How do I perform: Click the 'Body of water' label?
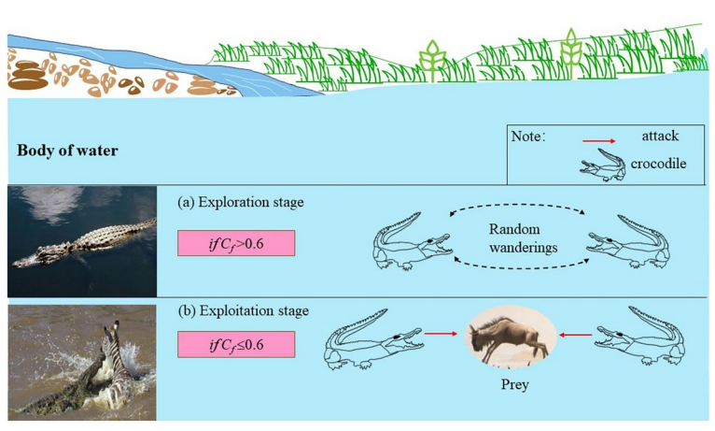coord(67,151)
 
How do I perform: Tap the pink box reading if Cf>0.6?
coord(236,243)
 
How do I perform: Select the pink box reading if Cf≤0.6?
coord(236,344)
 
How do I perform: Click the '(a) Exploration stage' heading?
coord(240,202)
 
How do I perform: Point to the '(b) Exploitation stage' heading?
coord(243,311)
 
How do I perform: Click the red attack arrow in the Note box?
coord(598,141)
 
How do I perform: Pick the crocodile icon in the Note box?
coord(602,165)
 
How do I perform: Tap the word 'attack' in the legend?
coord(660,136)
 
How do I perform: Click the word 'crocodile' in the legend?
coord(658,164)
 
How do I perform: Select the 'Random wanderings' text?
coord(523,237)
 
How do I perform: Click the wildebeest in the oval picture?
coord(509,338)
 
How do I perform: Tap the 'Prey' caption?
coord(515,384)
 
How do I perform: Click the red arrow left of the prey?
coord(441,334)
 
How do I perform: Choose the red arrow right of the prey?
coord(576,335)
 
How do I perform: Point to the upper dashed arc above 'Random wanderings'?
coord(517,205)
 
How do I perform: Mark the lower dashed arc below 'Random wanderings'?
coord(521,268)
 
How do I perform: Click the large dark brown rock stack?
coord(28,76)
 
